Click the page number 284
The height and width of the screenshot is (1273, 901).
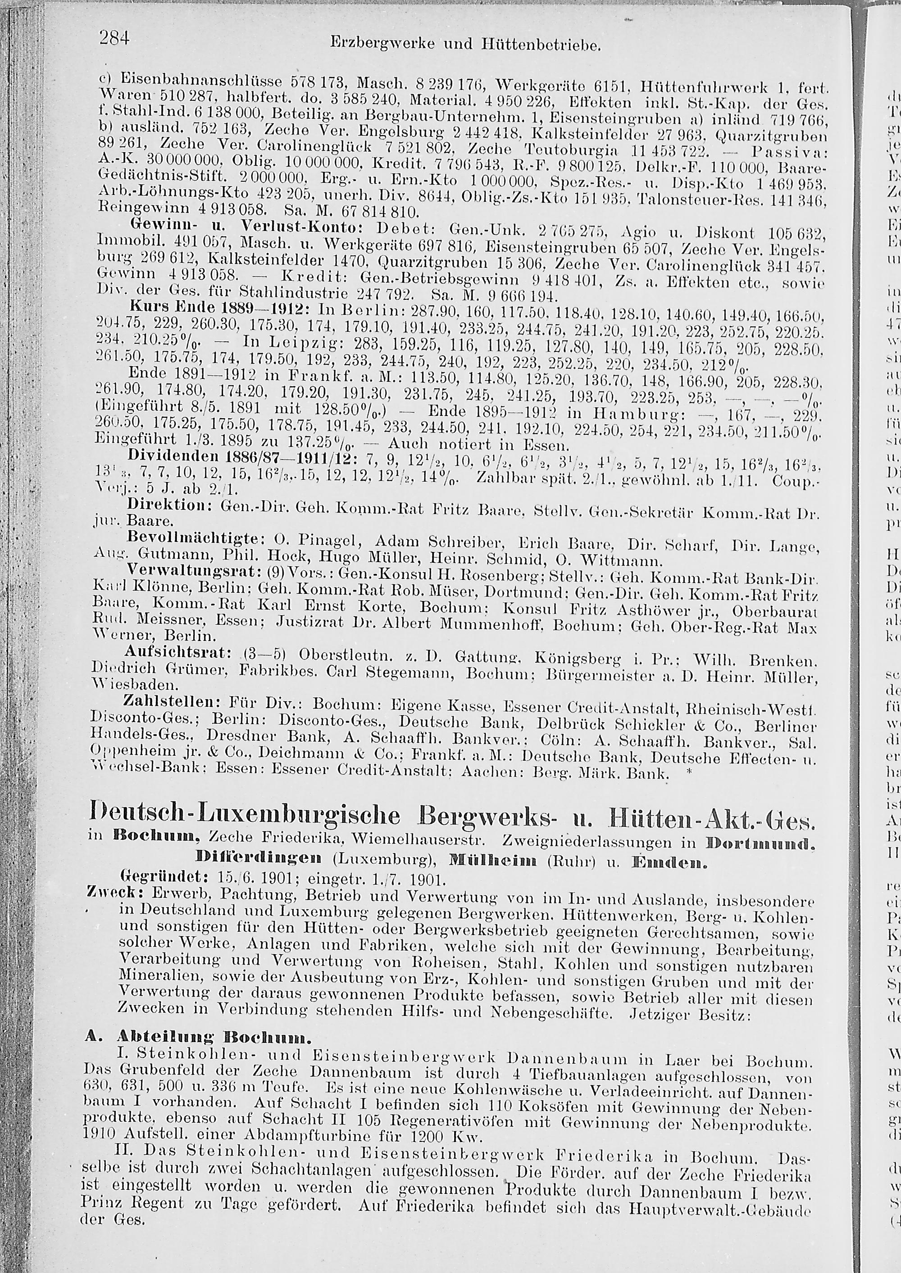tap(114, 38)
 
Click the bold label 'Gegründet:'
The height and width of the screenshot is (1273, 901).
tap(156, 879)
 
